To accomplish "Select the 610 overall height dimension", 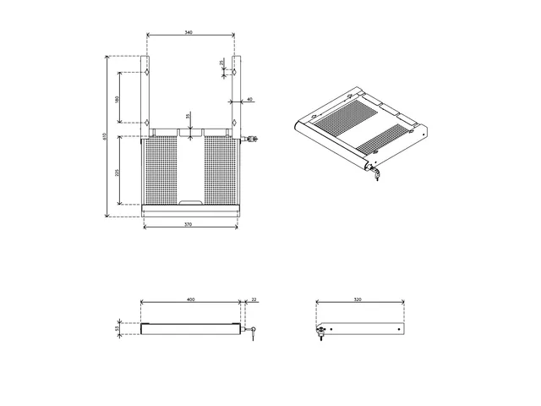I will [105, 136].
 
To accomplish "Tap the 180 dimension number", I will [117, 99].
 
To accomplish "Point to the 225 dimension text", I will [117, 172].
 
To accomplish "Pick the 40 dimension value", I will [249, 99].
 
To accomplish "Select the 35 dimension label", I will [189, 117].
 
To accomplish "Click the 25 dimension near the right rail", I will [221, 63].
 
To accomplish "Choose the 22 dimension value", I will [254, 299].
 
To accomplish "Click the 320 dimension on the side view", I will [359, 299].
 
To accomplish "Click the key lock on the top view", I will [251, 139].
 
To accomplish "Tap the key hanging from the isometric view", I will [375, 175].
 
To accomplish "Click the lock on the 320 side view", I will [321, 332].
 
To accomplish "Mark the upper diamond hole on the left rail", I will [147, 74].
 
